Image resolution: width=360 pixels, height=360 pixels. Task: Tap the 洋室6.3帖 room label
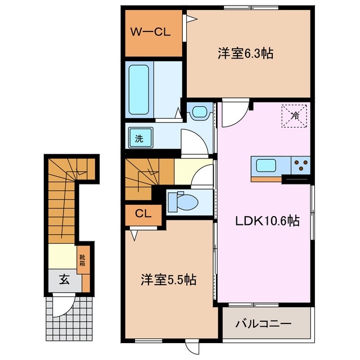[x=246, y=54]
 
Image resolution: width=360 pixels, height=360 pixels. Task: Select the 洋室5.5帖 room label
[x=168, y=280]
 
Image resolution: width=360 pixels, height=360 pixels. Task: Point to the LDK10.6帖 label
[x=267, y=221]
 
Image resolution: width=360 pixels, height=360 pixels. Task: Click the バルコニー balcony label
[x=263, y=323]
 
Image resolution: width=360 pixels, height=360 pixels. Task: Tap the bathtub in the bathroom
[x=138, y=88]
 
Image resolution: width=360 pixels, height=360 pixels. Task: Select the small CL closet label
[x=142, y=214]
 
